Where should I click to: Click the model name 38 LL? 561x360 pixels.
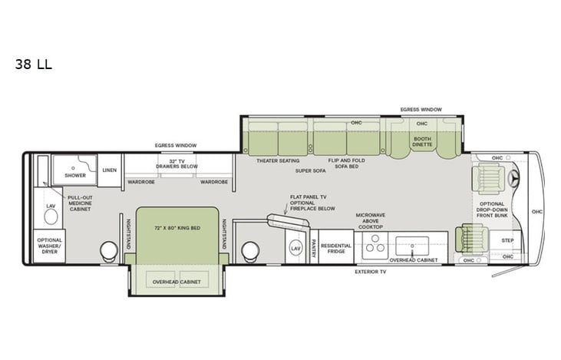point(33,64)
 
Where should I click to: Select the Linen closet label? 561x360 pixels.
point(109,170)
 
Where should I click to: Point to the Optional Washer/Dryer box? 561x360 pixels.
point(49,246)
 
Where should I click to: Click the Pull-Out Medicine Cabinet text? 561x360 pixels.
point(80,203)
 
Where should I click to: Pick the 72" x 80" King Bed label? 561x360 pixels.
point(177,228)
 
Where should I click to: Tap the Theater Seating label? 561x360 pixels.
point(278,160)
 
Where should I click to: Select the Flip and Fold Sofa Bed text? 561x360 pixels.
point(345,163)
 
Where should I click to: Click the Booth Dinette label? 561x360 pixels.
point(423,142)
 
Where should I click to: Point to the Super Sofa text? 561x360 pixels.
point(309,170)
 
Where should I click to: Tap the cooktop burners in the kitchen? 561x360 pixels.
point(375,246)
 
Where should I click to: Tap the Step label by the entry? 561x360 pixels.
point(507,240)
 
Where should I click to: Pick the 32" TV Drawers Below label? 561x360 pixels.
point(177,163)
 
